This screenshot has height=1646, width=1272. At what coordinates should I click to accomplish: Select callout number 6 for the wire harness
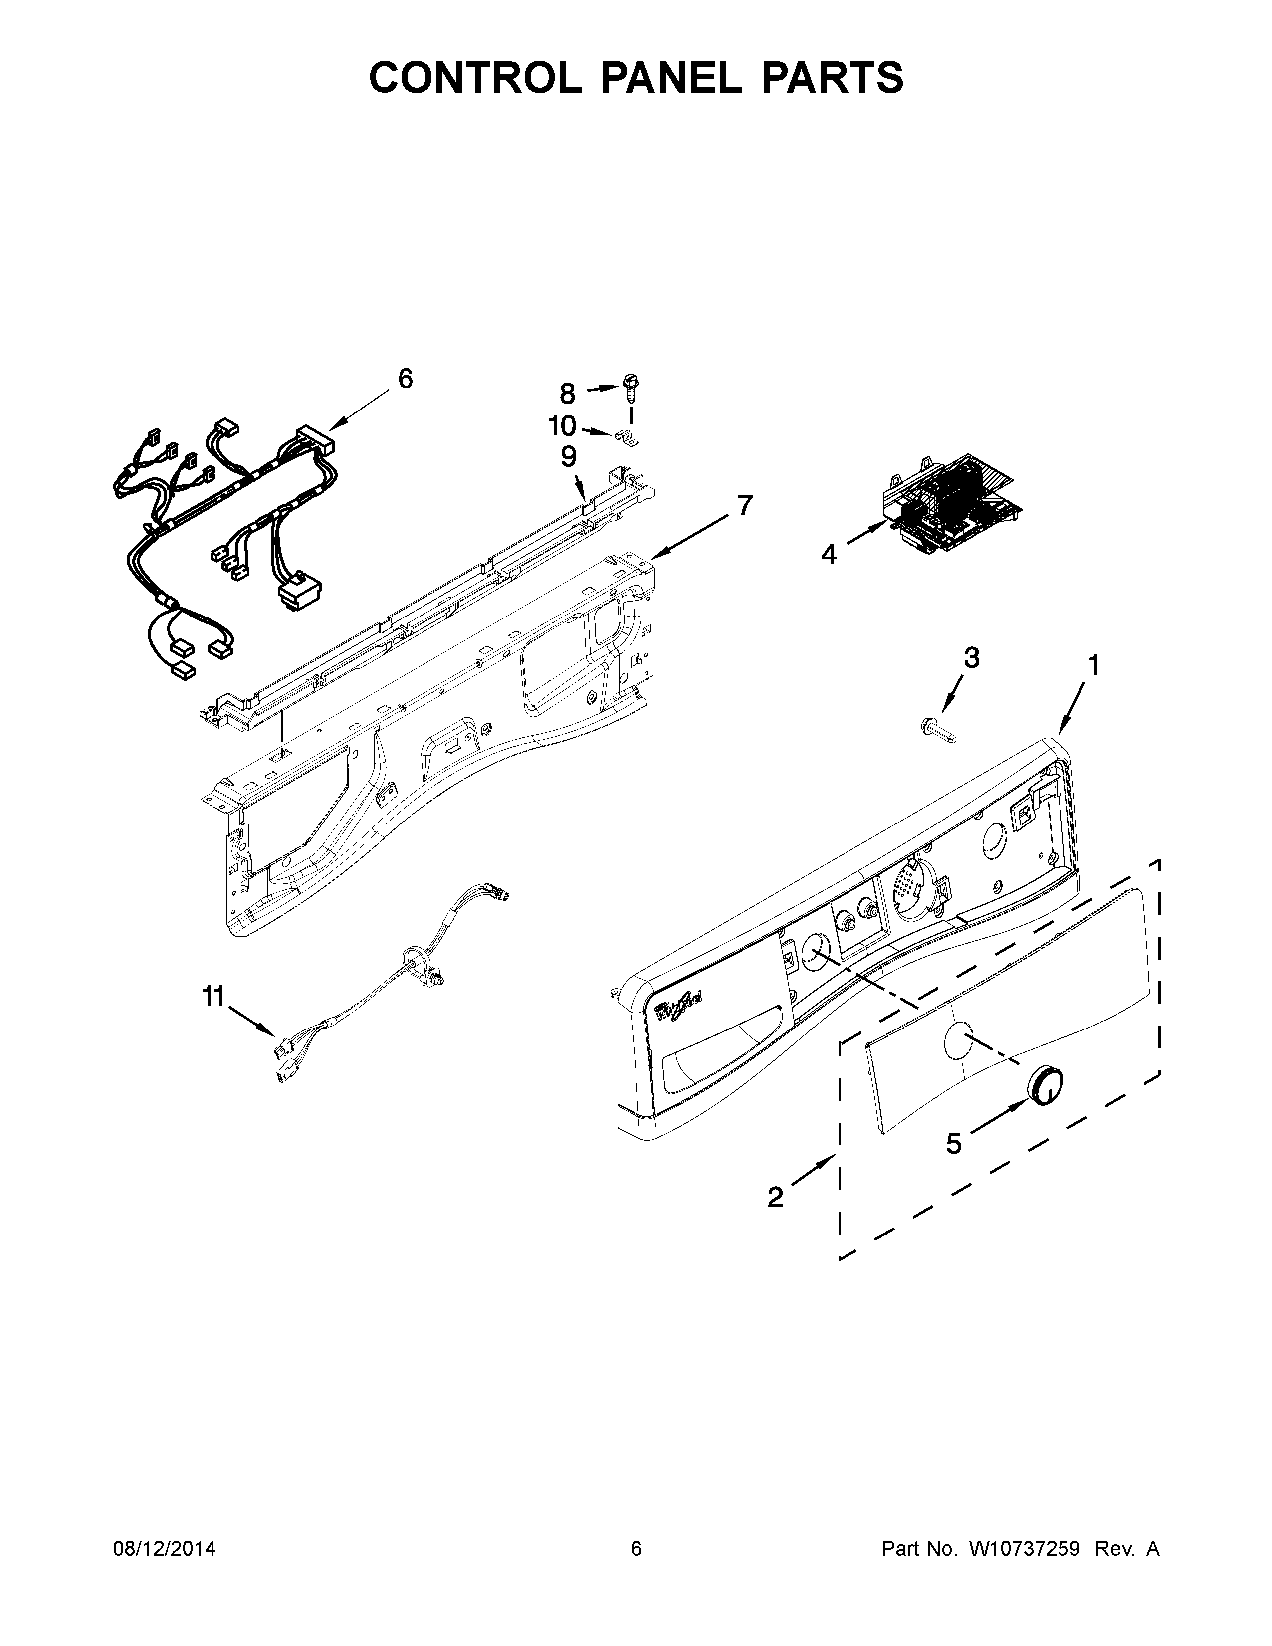coord(406,379)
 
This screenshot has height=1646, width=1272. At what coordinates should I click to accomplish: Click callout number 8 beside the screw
coord(568,394)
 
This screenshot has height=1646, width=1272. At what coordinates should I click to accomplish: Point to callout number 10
coord(562,426)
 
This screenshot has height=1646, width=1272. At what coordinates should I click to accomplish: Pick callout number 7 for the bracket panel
coord(745,505)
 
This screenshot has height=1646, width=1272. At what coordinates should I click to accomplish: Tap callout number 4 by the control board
coord(828,555)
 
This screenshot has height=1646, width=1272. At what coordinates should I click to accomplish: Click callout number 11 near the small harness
coord(213,997)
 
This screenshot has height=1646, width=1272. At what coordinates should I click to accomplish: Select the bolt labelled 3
coord(938,730)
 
